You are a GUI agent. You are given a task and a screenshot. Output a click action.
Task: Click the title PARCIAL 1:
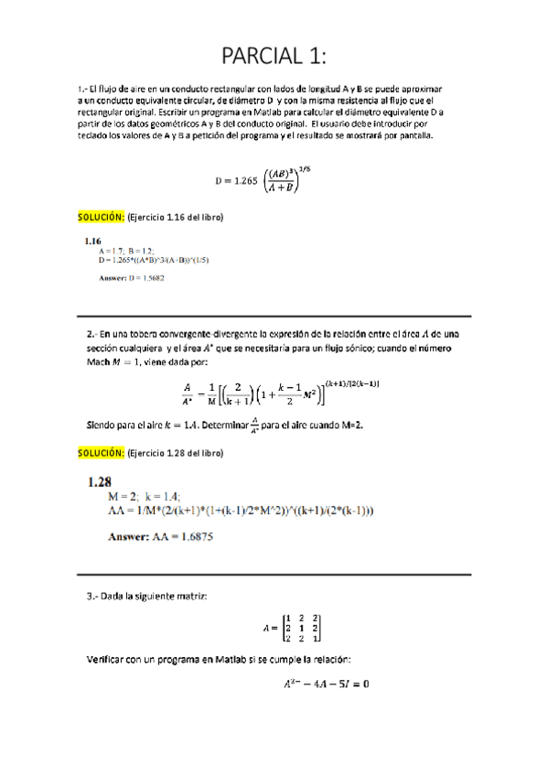[274, 56]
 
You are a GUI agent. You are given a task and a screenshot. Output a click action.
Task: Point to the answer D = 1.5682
[132, 277]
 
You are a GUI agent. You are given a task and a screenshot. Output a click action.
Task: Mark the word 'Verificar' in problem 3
[104, 658]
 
